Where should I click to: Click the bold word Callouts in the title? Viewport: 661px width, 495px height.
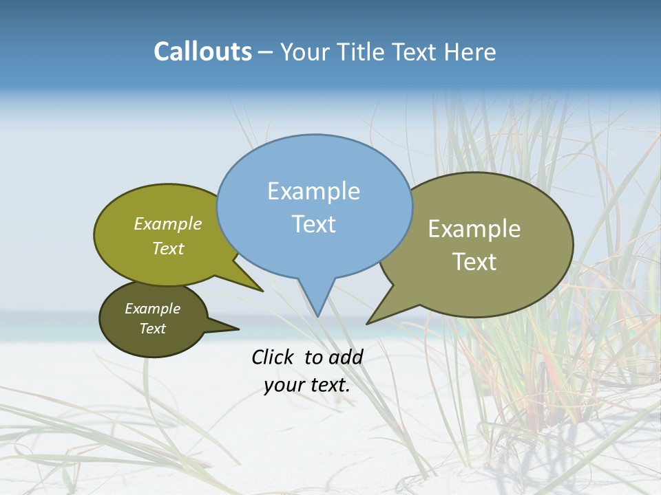point(202,52)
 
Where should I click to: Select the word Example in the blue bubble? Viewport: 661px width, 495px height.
point(313,191)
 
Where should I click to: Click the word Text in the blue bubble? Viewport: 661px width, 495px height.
point(313,224)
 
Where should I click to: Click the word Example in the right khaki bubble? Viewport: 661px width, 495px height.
point(474,229)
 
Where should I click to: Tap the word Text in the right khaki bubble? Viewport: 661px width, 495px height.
point(474,262)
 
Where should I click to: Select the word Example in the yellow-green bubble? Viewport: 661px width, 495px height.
point(168,223)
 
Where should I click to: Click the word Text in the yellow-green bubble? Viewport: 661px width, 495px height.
point(168,248)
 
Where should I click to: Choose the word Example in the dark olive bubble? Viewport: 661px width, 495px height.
point(152,309)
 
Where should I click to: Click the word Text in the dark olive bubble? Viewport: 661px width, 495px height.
point(152,329)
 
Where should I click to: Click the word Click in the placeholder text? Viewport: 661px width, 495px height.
point(273,357)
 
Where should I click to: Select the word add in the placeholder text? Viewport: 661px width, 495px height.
point(346,357)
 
